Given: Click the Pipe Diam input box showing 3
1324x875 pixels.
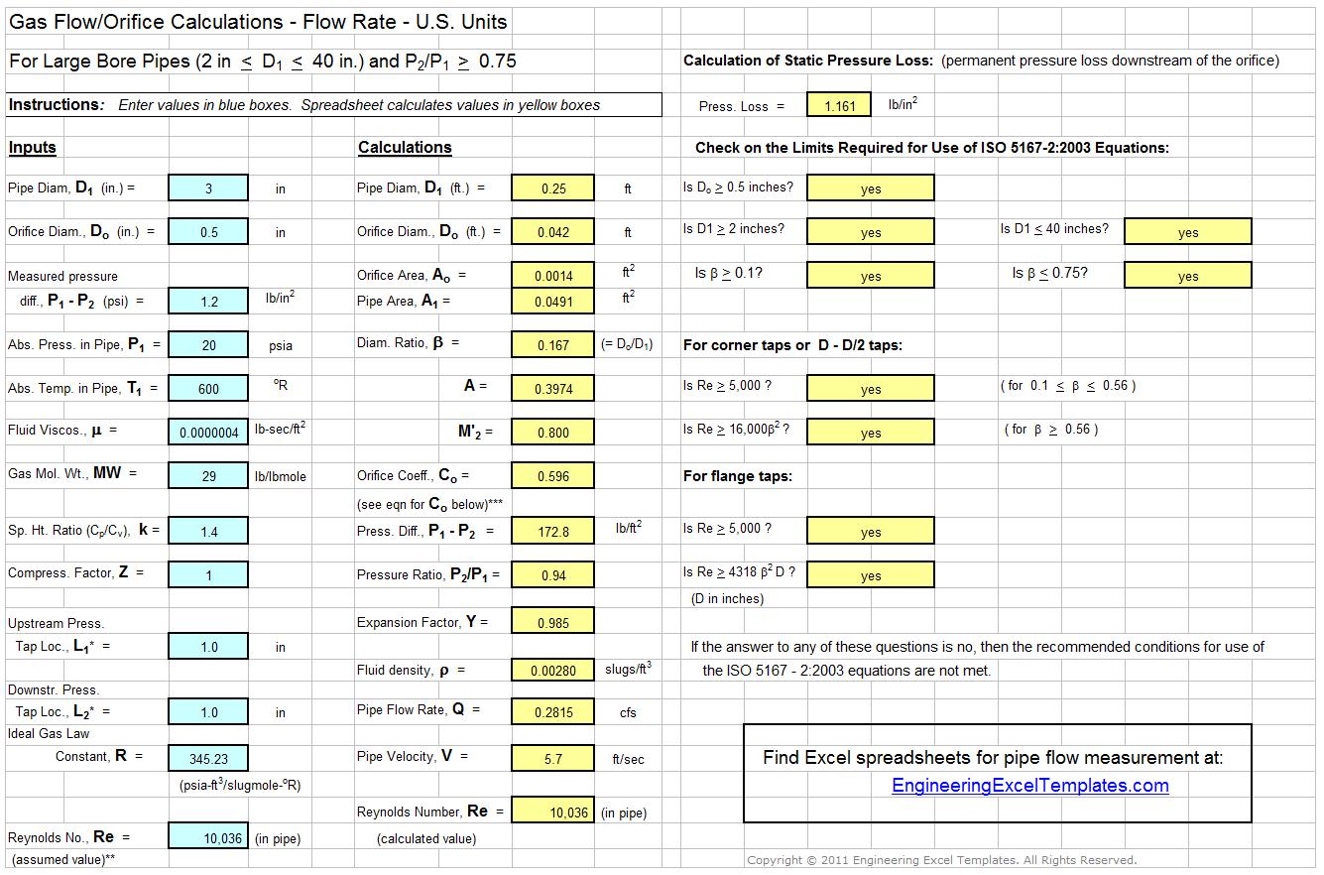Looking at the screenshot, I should (x=208, y=188).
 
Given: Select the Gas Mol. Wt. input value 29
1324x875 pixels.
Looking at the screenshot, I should (x=208, y=476).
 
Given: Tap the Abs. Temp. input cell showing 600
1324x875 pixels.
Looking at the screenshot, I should (x=208, y=389).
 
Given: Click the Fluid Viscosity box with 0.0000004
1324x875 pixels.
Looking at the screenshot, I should (x=208, y=433).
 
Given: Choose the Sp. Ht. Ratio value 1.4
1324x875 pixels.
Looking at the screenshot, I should (x=208, y=532).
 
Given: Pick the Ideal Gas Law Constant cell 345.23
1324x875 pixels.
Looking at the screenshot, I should (x=208, y=759).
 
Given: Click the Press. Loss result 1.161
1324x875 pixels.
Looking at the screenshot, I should (x=839, y=106).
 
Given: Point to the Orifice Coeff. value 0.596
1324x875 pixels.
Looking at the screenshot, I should (x=552, y=476).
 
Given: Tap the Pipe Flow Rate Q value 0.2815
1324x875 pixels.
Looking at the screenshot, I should (x=552, y=711).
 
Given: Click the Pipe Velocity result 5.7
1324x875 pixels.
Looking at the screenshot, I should (x=552, y=759).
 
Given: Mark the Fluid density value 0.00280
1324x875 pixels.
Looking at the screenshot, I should (x=552, y=671).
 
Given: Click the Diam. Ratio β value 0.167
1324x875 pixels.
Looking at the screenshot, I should (x=552, y=345).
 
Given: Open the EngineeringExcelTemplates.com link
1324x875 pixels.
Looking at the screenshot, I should (x=1029, y=786).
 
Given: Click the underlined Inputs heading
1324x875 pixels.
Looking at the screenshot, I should (x=33, y=148).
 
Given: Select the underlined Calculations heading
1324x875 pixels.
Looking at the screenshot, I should (x=405, y=148).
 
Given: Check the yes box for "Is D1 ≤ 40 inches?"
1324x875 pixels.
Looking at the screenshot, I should (x=1187, y=232).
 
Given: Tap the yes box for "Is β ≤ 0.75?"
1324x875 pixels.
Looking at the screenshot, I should (x=1187, y=276).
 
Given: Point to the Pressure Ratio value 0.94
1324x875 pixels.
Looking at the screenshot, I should (x=552, y=575).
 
